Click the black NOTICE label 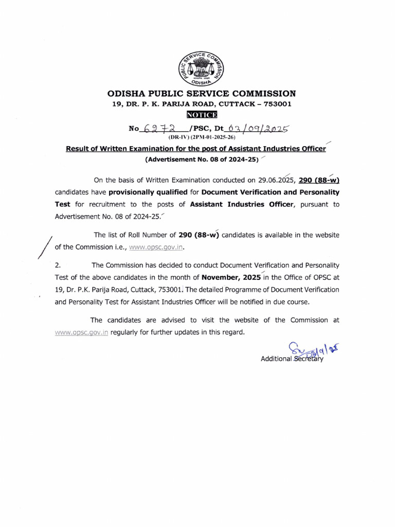pos(202,114)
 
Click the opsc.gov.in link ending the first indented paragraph pos(156,247)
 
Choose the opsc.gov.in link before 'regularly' pos(82,332)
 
